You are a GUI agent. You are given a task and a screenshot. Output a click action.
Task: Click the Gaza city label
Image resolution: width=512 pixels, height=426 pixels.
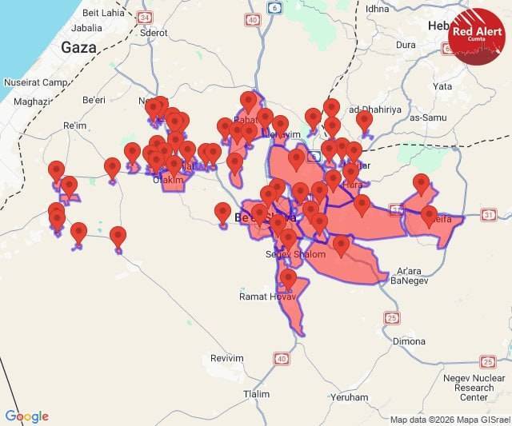(x=78, y=47)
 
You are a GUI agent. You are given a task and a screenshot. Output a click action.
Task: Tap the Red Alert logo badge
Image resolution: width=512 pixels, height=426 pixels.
(x=477, y=35)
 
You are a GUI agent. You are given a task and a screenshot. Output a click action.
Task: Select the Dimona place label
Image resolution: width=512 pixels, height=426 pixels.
(x=409, y=341)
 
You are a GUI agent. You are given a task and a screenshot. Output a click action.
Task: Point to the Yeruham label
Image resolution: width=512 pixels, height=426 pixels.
(x=349, y=396)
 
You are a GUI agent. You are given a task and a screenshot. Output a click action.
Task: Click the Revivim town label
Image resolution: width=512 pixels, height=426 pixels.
(x=226, y=358)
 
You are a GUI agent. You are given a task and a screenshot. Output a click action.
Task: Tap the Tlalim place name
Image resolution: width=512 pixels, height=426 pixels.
(x=256, y=394)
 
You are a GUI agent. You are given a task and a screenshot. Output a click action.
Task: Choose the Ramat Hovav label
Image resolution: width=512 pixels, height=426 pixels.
(x=262, y=297)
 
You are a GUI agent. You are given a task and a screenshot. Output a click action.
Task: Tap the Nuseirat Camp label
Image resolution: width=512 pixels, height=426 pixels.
(x=33, y=82)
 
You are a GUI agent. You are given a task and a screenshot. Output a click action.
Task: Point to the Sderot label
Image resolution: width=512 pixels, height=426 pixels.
(x=153, y=78)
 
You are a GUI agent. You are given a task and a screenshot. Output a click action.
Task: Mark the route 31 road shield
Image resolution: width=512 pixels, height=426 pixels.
(x=489, y=214)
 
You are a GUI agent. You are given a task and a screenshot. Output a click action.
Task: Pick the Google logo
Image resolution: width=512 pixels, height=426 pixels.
(x=26, y=416)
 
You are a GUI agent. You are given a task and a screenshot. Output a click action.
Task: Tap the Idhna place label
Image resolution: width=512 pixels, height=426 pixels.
(x=377, y=9)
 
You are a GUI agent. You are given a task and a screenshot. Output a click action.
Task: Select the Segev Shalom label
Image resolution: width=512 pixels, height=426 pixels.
(x=296, y=254)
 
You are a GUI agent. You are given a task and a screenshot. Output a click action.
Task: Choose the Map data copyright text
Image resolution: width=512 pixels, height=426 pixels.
(x=449, y=420)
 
